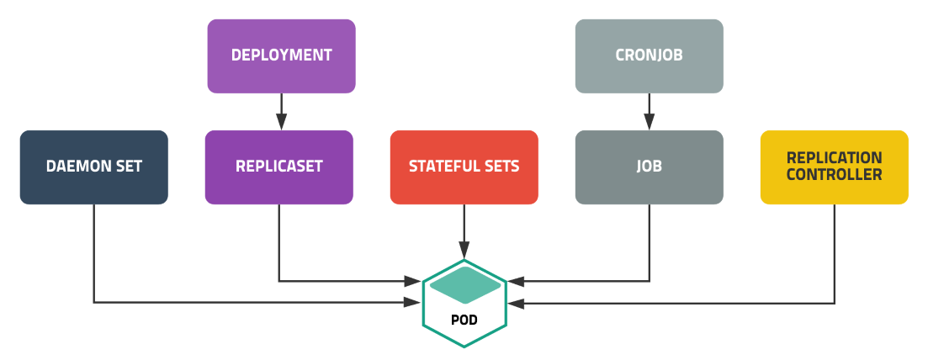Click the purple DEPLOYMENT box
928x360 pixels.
281,56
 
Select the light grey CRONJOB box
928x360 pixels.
649,56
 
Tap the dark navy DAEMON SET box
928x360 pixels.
93,167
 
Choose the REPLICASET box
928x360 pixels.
278,167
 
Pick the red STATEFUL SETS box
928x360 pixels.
464,167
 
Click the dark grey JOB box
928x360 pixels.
649,167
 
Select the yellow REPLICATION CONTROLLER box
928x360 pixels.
834,167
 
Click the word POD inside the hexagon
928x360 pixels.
464,320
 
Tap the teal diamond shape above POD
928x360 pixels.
464,285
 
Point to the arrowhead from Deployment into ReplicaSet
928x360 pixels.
281,124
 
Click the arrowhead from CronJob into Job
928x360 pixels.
649,124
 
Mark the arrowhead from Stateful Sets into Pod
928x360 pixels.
464,251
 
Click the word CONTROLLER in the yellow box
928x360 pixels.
834,175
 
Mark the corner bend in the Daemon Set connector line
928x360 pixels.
93,301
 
